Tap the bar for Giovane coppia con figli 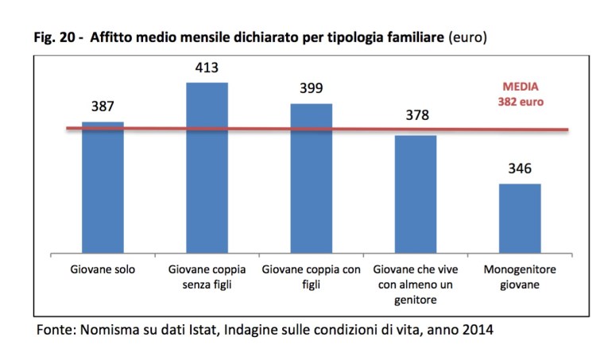(311, 178)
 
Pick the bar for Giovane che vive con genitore (416, 194)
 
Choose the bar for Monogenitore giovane (520, 219)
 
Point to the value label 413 (207, 68)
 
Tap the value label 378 (416, 116)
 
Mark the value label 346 (520, 168)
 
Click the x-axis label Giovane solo (103, 269)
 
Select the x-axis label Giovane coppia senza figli (207, 277)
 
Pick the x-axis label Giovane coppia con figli (311, 277)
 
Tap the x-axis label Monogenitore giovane (520, 277)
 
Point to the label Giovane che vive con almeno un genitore (416, 284)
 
